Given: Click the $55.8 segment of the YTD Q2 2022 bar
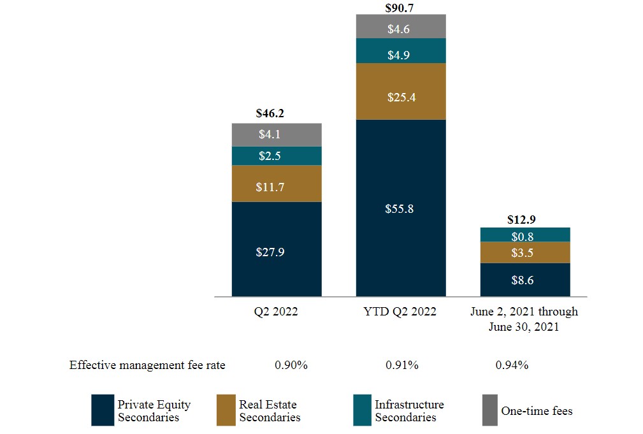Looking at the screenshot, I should click(400, 208).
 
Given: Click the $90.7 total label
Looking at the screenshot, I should click(399, 8).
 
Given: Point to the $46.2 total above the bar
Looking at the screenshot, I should click(271, 114).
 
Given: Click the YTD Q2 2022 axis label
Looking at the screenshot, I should click(400, 312).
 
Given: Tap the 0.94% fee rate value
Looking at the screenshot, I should click(512, 365).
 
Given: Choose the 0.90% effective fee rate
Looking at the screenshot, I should click(291, 365).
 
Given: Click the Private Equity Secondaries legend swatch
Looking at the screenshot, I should click(102, 410).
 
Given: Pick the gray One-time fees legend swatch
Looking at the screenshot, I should click(489, 410).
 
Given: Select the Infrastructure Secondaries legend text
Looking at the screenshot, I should click(408, 410).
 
